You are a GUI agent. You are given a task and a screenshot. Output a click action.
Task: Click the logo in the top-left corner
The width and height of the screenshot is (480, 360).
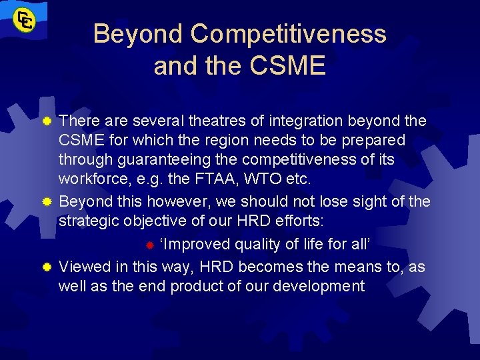pyautogui.click(x=27, y=19)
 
